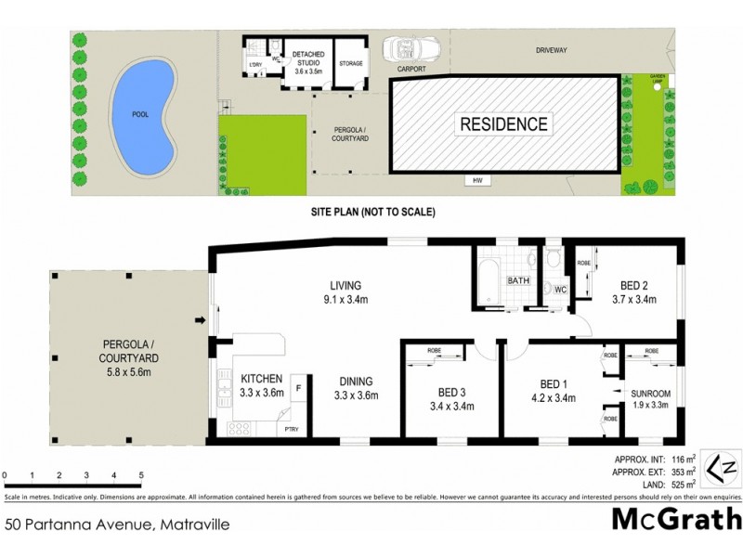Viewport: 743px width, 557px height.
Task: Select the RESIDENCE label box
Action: pos(502,123)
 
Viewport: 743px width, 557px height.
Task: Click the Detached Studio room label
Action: pos(307,62)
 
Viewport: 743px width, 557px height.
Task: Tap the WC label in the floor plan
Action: pos(561,290)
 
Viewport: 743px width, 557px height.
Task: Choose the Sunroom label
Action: pos(650,394)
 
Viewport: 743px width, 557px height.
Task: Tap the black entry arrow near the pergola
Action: pos(199,322)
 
